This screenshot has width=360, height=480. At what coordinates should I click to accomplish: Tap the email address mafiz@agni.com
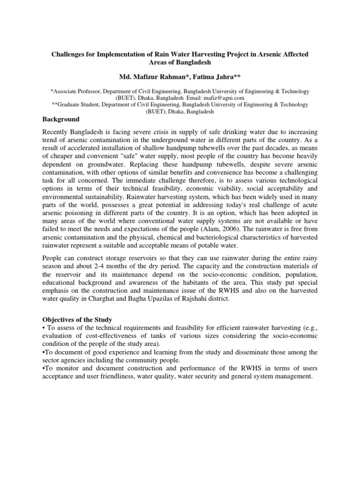click(x=237, y=99)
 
